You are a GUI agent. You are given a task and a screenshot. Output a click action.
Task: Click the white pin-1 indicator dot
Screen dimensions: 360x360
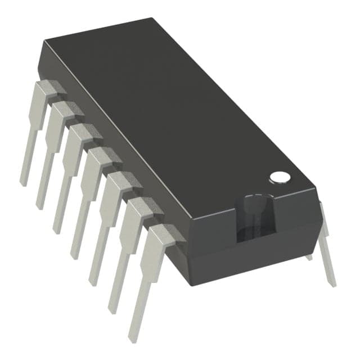(x=280, y=177)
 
